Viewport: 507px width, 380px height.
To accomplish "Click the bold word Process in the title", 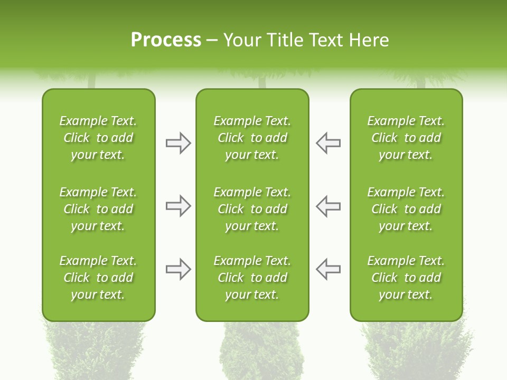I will (166, 40).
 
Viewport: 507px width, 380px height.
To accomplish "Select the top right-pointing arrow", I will (178, 143).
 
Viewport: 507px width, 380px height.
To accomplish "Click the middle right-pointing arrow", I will (178, 206).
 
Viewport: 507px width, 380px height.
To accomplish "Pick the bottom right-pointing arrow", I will (178, 269).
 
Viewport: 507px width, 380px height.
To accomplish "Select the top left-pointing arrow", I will (328, 143).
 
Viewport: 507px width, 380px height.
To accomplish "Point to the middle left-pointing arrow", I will (328, 206).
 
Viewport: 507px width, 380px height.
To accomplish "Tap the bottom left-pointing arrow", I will (328, 269).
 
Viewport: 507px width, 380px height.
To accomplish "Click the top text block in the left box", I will (98, 138).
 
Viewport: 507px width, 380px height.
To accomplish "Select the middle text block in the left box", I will (98, 209).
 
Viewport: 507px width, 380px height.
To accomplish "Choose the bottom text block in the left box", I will (98, 278).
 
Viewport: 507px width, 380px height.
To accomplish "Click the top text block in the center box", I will (252, 138).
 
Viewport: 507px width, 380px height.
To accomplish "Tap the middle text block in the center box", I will (252, 209).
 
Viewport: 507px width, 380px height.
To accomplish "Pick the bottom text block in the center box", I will (252, 278).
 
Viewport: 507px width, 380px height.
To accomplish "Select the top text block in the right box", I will (406, 138).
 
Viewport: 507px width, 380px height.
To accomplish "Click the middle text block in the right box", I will (406, 209).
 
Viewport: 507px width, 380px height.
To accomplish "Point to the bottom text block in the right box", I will (406, 278).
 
